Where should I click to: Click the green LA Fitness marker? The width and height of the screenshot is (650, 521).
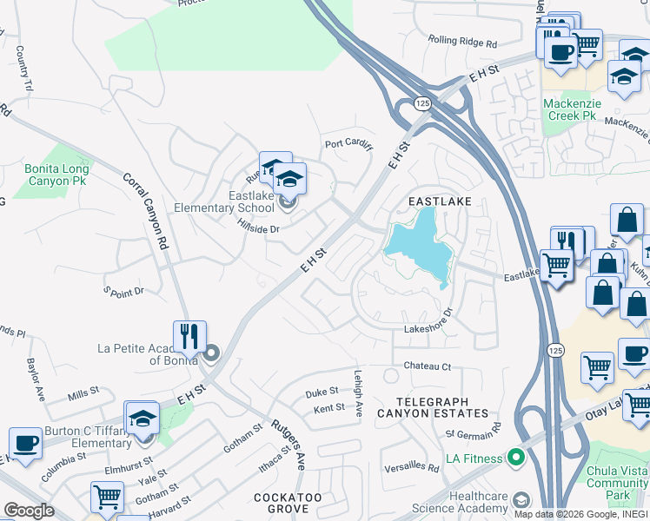click(x=515, y=457)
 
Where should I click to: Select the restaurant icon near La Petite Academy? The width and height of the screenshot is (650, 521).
click(x=189, y=334)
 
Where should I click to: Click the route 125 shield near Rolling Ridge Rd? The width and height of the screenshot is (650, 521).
click(x=422, y=103)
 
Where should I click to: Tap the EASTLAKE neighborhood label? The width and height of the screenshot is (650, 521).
click(x=440, y=201)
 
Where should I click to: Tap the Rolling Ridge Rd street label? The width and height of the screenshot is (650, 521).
click(x=462, y=41)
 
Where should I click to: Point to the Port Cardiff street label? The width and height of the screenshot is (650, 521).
click(x=348, y=143)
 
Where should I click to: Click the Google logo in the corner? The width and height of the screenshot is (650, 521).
click(x=29, y=511)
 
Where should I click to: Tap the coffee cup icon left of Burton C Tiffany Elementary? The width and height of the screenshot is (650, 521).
click(x=25, y=444)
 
